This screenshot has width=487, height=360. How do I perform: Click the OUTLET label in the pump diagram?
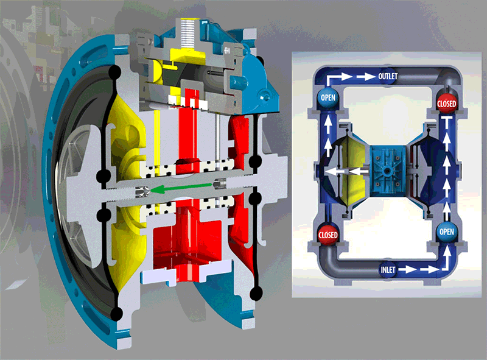[388, 76]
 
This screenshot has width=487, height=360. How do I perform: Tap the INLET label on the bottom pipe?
[388, 269]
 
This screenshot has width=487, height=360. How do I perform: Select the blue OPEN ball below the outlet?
[328, 97]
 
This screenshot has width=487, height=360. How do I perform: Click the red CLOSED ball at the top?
[447, 103]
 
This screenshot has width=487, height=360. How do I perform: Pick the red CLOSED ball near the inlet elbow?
[328, 235]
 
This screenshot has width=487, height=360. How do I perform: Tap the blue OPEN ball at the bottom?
[447, 231]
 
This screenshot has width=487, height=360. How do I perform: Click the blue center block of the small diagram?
[387, 170]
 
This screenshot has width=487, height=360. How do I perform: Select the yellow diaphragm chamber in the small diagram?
[354, 172]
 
